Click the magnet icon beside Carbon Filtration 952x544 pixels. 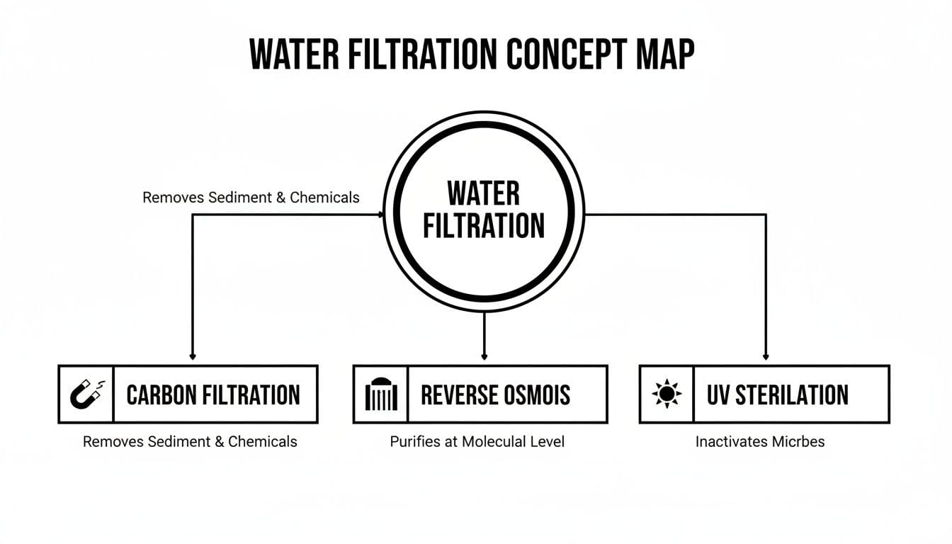[86, 395]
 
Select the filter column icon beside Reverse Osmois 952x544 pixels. [380, 395]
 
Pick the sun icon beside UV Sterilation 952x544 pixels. [667, 395]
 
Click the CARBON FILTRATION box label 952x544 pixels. [213, 395]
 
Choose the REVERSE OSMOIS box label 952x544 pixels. [496, 395]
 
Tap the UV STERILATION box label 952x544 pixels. [777, 395]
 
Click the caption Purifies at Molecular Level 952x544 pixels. [477, 442]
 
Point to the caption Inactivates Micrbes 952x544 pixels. [760, 442]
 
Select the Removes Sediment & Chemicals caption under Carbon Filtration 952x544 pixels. [190, 442]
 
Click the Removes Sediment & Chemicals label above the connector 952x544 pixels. [251, 198]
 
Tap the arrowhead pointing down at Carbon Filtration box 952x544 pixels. [193, 357]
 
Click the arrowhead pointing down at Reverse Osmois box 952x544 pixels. [484, 357]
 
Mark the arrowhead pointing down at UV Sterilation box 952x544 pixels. [766, 357]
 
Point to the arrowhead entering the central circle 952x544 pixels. [380, 214]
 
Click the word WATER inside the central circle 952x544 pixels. [484, 193]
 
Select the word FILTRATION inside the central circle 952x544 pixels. [484, 225]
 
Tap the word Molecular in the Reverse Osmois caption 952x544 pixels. [495, 442]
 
